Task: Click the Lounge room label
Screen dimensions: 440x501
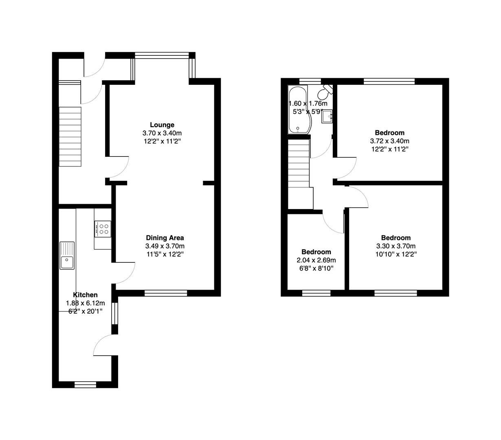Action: coord(162,125)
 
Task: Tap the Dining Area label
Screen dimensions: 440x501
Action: coord(165,238)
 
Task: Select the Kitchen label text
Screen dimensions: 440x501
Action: coord(85,295)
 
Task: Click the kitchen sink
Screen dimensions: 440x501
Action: coord(67,256)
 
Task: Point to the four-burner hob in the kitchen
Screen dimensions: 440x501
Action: coord(103,228)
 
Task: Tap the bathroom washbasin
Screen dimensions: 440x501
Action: coord(327,117)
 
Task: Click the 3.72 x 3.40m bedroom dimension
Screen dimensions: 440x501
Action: coord(389,141)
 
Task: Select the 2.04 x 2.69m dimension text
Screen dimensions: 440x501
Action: coord(316,260)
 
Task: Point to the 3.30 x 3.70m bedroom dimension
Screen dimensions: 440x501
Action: coord(396,246)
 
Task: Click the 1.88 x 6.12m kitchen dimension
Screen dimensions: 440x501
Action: coord(85,303)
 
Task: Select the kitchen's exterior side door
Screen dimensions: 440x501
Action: coord(104,345)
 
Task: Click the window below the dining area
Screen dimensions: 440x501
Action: coord(166,293)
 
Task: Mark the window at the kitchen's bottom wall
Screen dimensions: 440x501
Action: coord(85,384)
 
